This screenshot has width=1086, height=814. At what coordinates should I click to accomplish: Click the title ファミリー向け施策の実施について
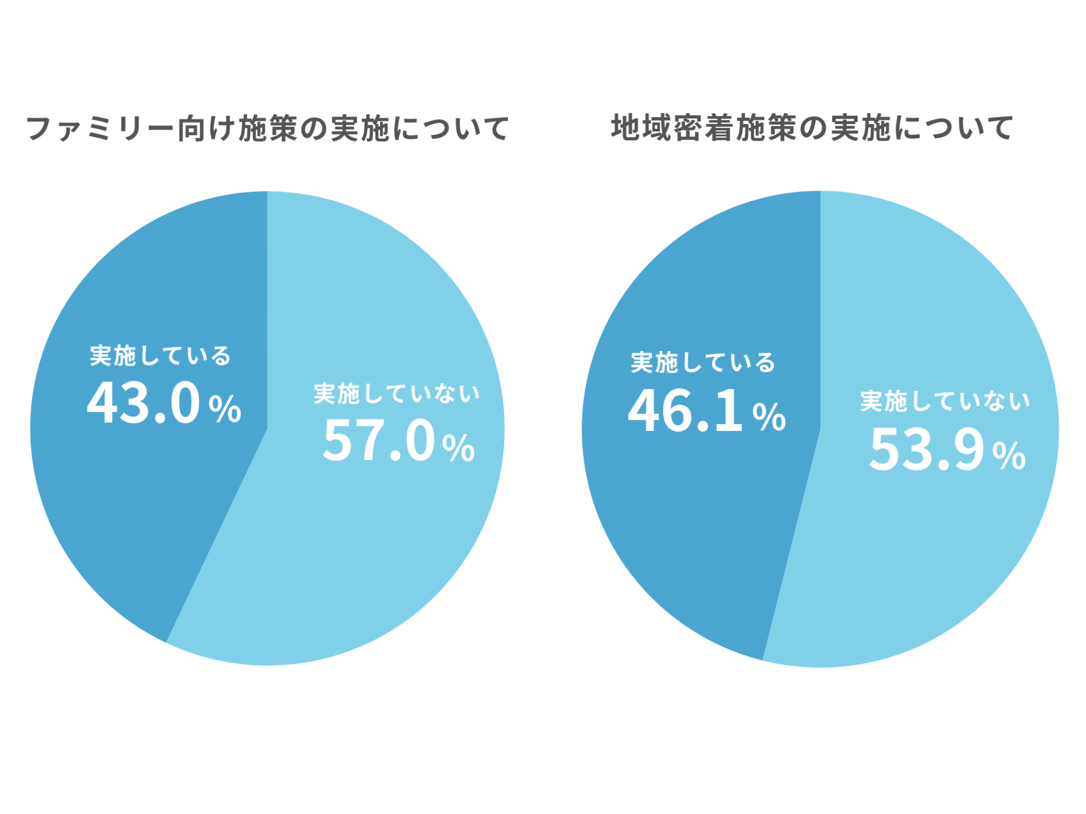coord(268,129)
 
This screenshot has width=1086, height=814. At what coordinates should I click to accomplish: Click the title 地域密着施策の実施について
coord(812,128)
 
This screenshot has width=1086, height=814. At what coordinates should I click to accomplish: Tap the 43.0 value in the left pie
coord(144,403)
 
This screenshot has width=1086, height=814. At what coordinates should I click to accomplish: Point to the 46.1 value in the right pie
coord(685,411)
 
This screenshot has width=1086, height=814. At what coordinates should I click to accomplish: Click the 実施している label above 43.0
coord(160,356)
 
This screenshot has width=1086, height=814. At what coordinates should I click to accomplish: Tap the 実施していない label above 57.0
coord(397,394)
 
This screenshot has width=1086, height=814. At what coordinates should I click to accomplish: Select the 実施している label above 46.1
coord(703,363)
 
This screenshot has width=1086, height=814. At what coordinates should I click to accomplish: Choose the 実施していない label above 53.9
coord(945,401)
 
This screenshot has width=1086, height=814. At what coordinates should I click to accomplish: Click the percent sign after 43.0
coord(225,409)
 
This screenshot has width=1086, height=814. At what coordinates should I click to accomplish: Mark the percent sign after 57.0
coord(459,448)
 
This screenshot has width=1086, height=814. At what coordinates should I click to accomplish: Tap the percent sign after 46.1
coord(769,417)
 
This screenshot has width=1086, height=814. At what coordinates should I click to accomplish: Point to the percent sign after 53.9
coord(1009,456)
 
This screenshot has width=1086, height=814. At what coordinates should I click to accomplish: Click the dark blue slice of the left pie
coord(133,503)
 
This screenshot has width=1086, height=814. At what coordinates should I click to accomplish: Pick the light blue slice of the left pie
coord(371,556)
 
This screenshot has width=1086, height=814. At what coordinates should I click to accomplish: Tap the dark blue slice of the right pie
coord(689,530)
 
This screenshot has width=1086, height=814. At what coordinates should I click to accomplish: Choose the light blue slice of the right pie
coord(928,556)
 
